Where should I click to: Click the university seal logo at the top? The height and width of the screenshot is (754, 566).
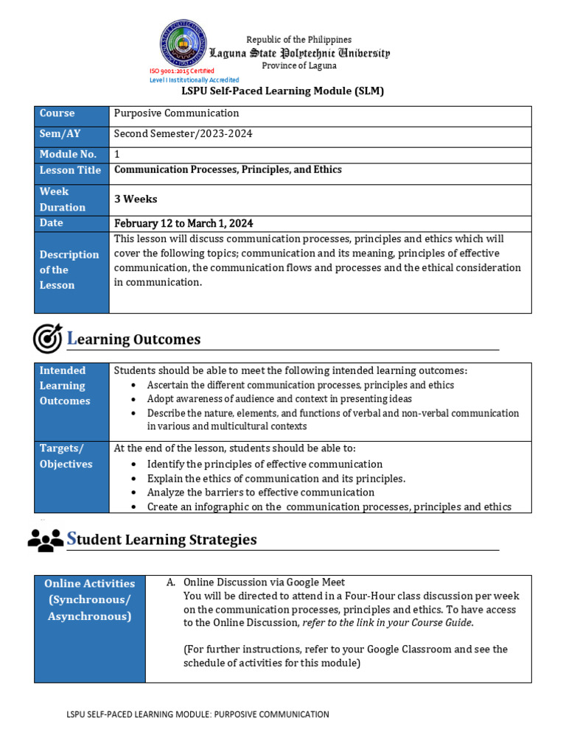point(184,43)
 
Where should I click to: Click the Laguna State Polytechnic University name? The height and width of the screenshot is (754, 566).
point(299,53)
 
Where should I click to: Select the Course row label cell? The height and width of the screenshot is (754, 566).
point(71,114)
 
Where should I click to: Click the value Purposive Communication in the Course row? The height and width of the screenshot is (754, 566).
point(176,113)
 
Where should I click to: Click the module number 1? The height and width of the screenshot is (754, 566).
point(116,154)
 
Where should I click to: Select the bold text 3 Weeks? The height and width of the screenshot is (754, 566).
point(136,200)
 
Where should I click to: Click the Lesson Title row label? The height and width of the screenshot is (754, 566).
point(71,171)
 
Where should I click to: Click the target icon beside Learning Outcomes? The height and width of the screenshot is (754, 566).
point(47,339)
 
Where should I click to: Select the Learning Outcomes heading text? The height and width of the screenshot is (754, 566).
point(133,339)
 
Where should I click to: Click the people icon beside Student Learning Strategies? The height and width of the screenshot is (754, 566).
point(46,540)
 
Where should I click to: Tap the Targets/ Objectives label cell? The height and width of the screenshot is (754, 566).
point(71,457)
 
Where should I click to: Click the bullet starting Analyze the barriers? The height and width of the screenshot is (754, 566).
point(260,492)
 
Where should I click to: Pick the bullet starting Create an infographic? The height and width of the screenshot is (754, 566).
point(329,507)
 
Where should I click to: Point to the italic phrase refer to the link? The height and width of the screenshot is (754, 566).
point(386,623)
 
